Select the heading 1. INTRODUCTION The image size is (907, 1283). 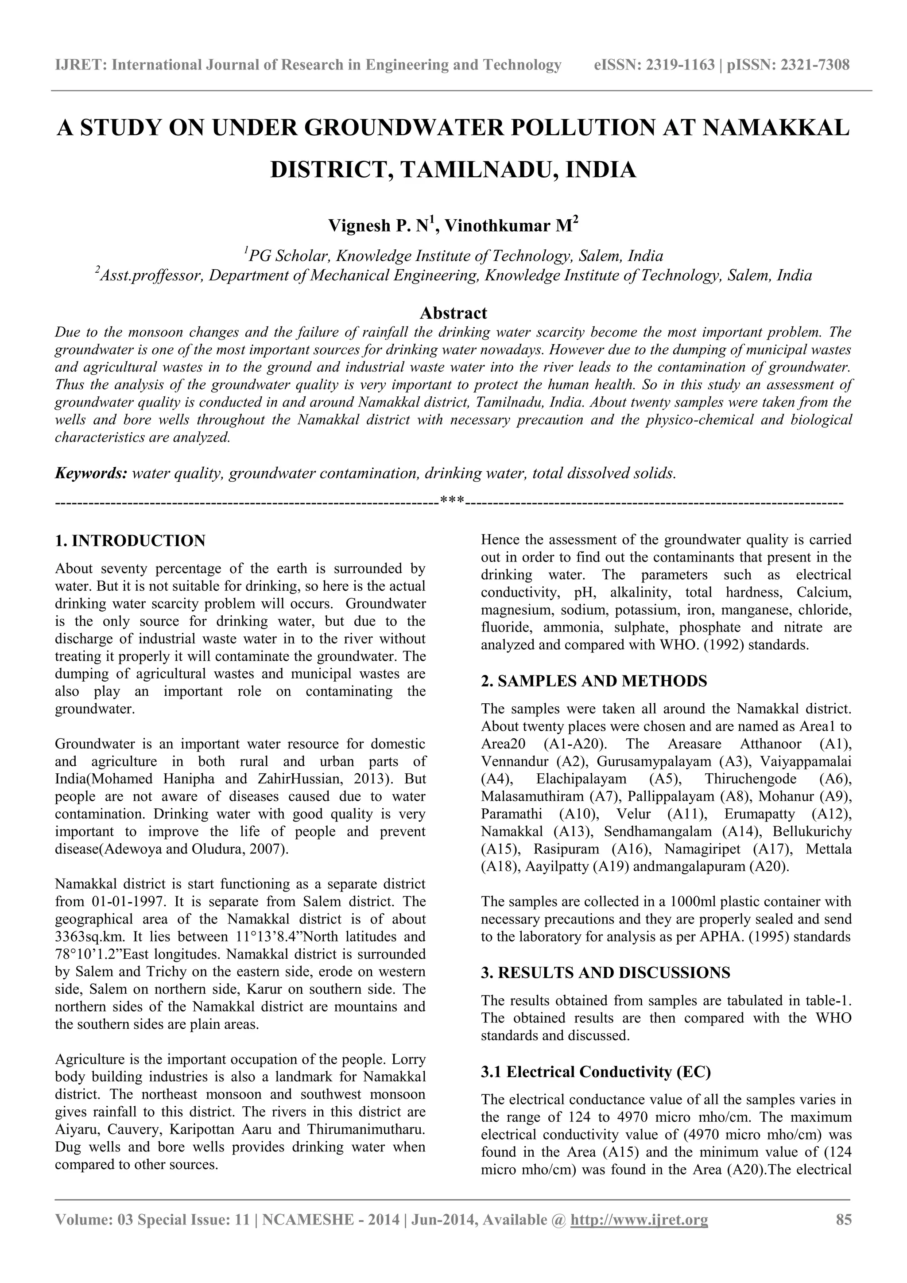130,541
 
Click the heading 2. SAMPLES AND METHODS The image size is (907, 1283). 593,681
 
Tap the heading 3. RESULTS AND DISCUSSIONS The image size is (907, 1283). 605,973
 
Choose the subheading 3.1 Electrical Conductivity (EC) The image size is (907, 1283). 596,1072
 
